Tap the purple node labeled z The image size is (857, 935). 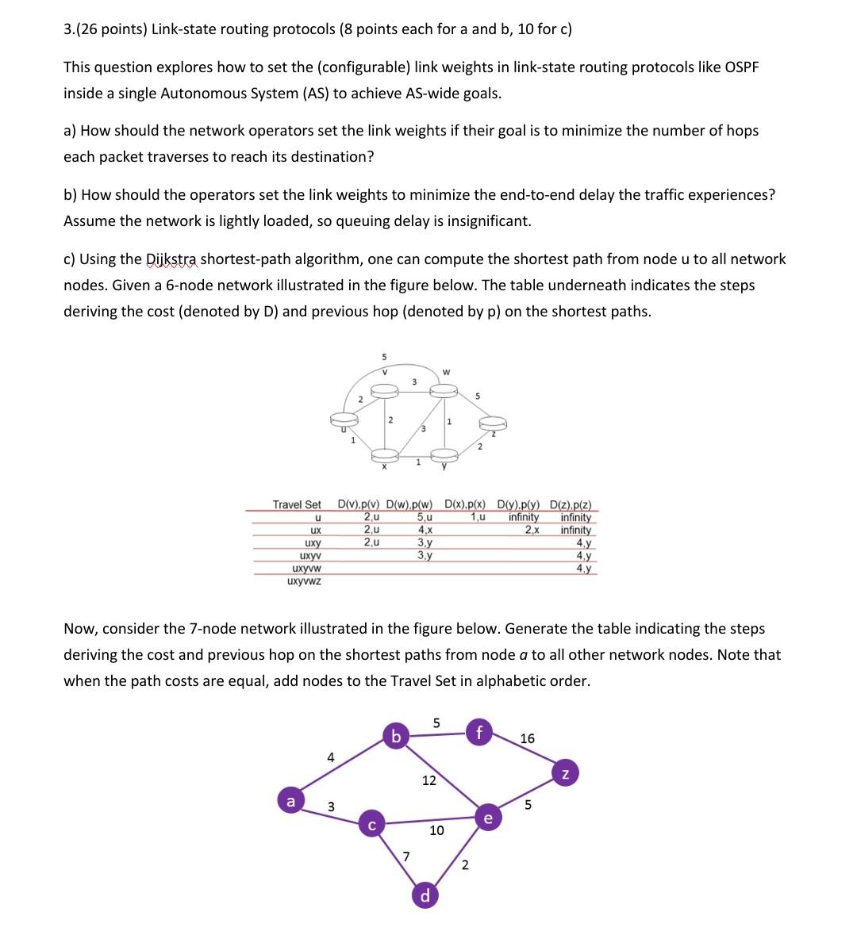[564, 773]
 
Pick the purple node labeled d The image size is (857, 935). [425, 896]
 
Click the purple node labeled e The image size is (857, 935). [487, 817]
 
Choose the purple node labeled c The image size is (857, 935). [371, 824]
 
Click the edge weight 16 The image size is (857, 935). [527, 738]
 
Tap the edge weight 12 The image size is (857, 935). [428, 780]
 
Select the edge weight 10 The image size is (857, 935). [436, 830]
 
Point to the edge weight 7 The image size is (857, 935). [406, 855]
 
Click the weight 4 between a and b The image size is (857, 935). [331, 757]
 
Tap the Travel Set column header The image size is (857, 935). [297, 504]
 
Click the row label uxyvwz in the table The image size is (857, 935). [306, 581]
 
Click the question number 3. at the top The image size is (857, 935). [69, 29]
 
